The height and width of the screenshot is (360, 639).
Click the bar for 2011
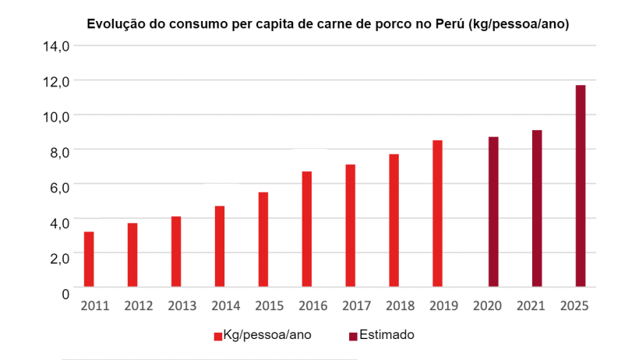tap(89, 259)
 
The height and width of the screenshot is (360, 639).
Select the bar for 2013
tap(176, 252)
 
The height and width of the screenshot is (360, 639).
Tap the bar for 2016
tap(307, 229)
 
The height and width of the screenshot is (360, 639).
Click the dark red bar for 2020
tap(493, 212)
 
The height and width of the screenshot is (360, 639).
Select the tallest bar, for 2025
tap(581, 186)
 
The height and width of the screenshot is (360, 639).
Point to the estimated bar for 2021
tap(537, 209)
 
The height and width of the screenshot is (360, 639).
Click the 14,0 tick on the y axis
tap(56, 46)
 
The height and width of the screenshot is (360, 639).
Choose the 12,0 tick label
tap(56, 81)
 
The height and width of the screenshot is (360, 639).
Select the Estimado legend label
tap(387, 335)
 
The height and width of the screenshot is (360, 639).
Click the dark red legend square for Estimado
tap(352, 336)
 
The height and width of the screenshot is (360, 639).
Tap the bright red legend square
tap(218, 336)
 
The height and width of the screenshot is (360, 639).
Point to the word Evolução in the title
tap(114, 24)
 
